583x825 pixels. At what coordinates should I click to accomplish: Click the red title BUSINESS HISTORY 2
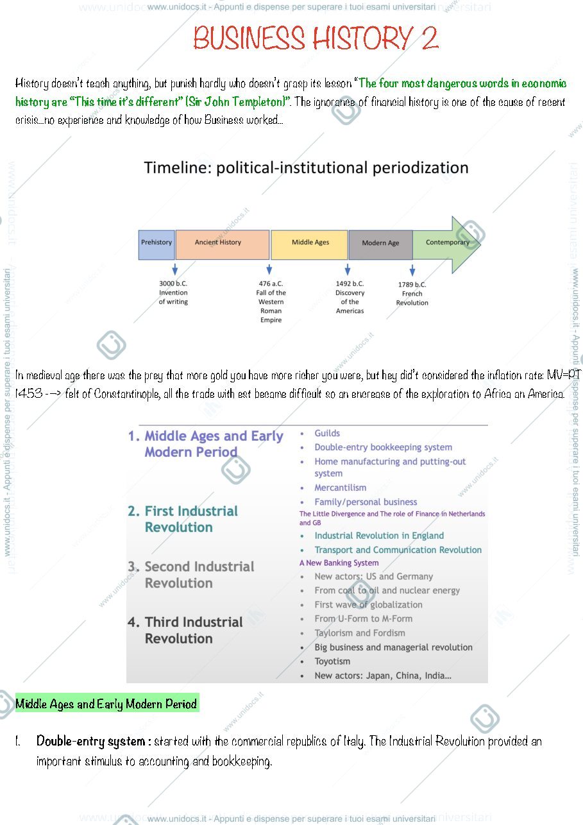tap(316, 38)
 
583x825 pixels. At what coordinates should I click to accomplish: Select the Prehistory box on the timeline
tap(156, 245)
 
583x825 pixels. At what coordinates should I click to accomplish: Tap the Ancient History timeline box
tap(223, 245)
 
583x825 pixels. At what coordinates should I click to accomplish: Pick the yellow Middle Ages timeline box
tap(309, 245)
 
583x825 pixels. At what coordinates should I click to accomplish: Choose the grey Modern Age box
tap(380, 245)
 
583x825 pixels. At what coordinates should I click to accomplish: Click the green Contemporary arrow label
tap(448, 242)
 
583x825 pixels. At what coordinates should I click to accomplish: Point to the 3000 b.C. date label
tap(173, 284)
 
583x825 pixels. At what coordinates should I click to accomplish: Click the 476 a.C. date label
tap(271, 284)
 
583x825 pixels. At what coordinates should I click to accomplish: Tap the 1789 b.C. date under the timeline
tap(412, 285)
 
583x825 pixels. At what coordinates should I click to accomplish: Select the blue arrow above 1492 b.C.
tap(347, 269)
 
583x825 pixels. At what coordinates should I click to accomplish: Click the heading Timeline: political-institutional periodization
tap(306, 168)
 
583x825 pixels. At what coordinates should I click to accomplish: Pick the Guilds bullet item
tap(327, 434)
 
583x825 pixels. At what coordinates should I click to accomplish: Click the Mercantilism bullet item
tap(341, 488)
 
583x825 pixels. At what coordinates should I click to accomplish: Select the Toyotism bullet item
tap(332, 661)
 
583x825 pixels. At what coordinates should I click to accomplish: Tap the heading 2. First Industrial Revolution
tap(183, 519)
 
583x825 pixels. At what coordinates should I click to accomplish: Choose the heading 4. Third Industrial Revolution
tap(185, 630)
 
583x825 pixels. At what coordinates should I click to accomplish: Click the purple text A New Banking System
tap(339, 563)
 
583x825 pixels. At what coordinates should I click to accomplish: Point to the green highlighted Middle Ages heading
tap(107, 704)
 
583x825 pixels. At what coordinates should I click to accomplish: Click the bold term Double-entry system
tap(90, 741)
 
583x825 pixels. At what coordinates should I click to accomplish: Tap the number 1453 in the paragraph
tap(29, 394)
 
